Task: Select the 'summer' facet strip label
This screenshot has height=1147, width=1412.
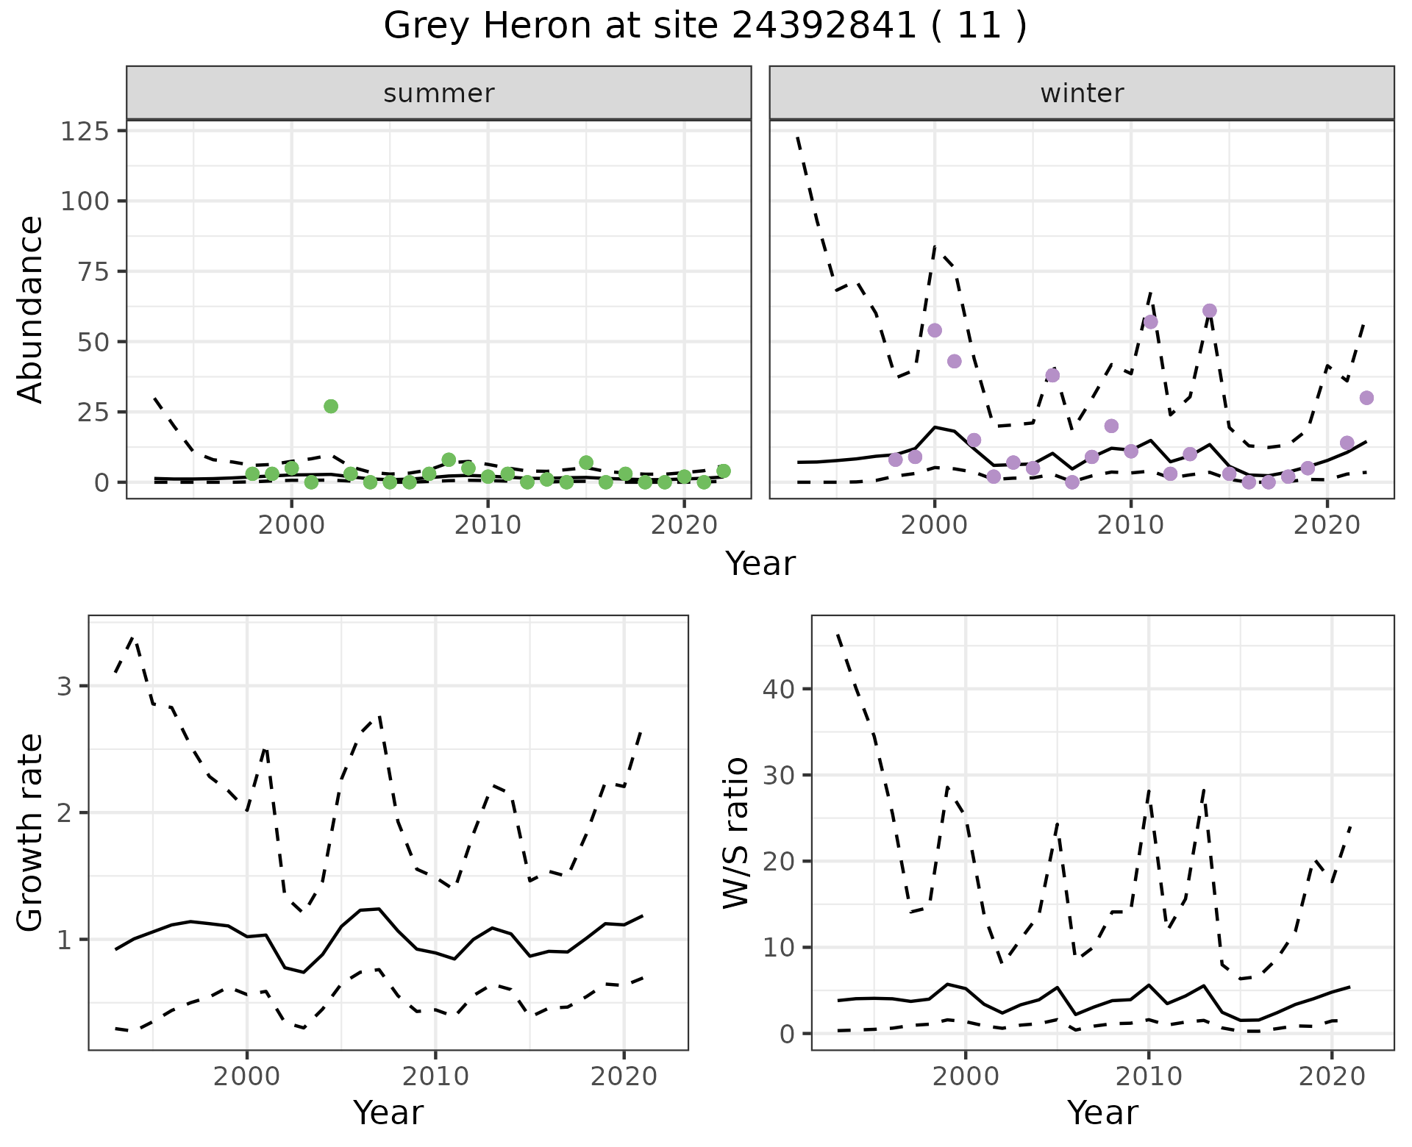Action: [439, 93]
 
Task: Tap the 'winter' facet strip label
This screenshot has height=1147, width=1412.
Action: [1082, 93]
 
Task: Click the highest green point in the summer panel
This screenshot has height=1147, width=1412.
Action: [331, 407]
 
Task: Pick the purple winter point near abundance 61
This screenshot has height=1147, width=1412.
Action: [1210, 311]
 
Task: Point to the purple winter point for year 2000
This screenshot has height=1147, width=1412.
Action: [935, 330]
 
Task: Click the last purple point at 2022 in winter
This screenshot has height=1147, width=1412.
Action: [1366, 398]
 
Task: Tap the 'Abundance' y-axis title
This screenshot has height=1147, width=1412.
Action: [31, 310]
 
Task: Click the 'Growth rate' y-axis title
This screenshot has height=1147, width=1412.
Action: [31, 832]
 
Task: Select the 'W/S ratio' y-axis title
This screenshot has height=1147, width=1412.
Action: [735, 832]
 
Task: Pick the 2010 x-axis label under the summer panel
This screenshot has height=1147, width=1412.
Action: [488, 526]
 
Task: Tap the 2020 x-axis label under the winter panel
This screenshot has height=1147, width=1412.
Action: [1327, 526]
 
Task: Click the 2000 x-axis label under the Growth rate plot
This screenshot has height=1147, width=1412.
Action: [247, 1077]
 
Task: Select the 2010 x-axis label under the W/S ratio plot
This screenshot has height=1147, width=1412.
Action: [1148, 1077]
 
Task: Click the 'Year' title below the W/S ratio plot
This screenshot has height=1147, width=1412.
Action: [1102, 1113]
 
